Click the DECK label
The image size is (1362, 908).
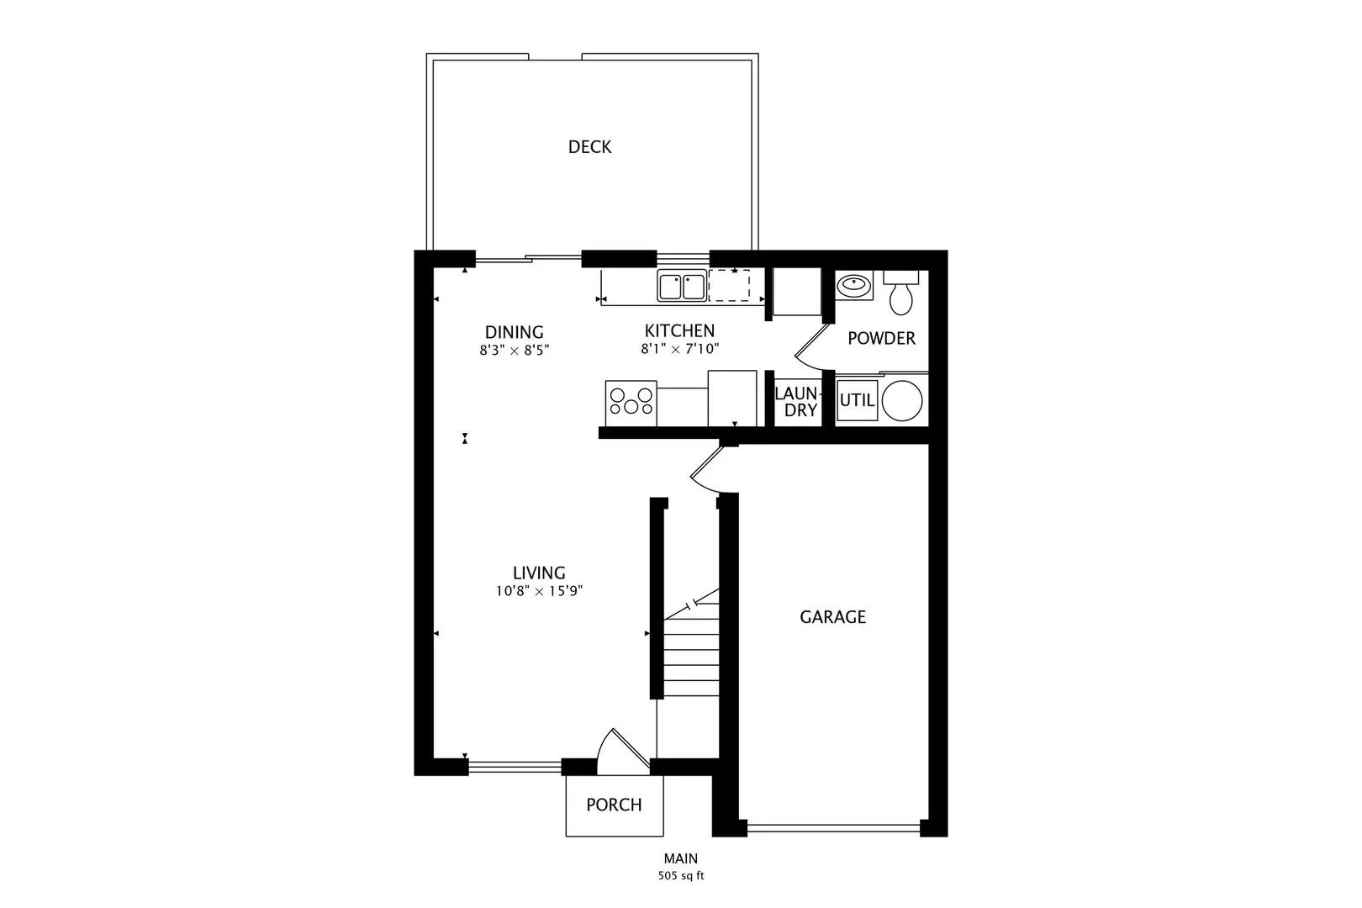point(589,147)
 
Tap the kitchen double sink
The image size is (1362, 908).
point(681,286)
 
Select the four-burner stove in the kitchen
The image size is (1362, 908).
point(631,401)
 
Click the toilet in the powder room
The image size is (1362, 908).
point(901,294)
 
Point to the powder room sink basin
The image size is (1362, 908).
point(854,286)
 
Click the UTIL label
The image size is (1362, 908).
point(857,400)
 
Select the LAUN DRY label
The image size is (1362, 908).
point(795,402)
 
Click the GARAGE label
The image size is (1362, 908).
point(832,617)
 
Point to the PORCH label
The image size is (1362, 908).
point(614,805)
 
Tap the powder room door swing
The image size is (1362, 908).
point(809,346)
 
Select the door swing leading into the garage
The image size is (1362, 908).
point(706,471)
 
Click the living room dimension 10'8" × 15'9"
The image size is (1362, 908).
point(539,591)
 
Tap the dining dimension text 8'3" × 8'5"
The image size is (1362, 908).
point(514,350)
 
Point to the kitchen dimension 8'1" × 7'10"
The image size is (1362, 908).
point(679,349)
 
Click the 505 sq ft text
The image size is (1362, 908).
point(680,876)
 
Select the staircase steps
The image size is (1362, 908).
point(692,652)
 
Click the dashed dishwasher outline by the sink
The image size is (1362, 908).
point(729,286)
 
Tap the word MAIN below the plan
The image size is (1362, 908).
point(680,858)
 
